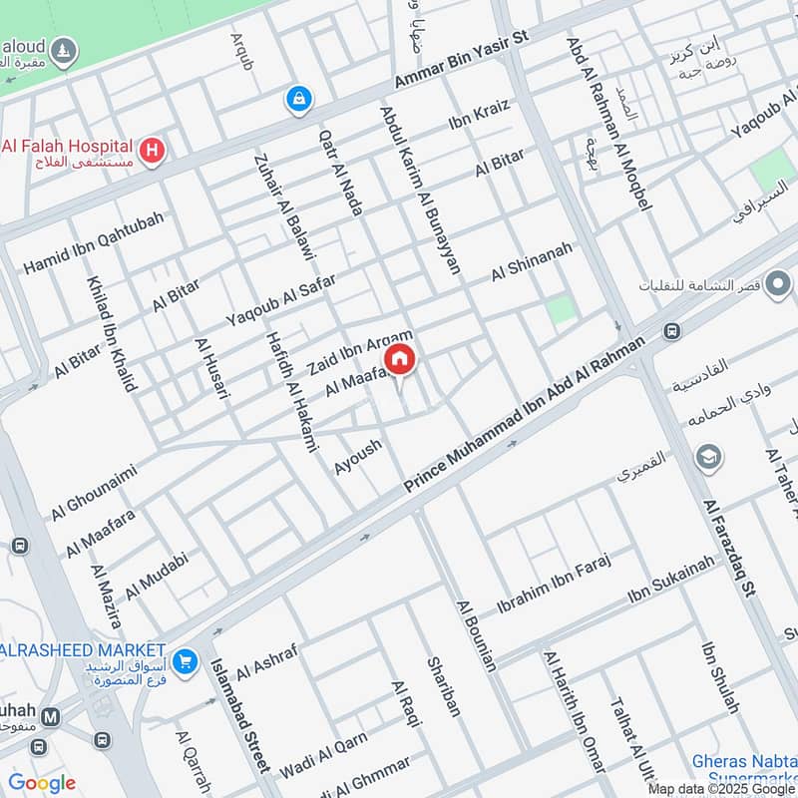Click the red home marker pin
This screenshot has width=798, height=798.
pos(399,359)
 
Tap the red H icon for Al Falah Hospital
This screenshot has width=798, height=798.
pos(152,151)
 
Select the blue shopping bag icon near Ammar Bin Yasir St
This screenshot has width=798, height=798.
pos(298,98)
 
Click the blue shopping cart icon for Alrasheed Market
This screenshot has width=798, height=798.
pos(184,660)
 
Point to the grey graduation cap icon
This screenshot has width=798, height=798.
pos(709,458)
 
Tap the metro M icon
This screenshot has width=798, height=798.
pos(51,716)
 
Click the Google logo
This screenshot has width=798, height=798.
pos(41,783)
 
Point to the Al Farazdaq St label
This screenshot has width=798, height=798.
pos(728,549)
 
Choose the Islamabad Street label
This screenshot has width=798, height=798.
pos(239,714)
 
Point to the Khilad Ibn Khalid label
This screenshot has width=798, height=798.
pos(111,333)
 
